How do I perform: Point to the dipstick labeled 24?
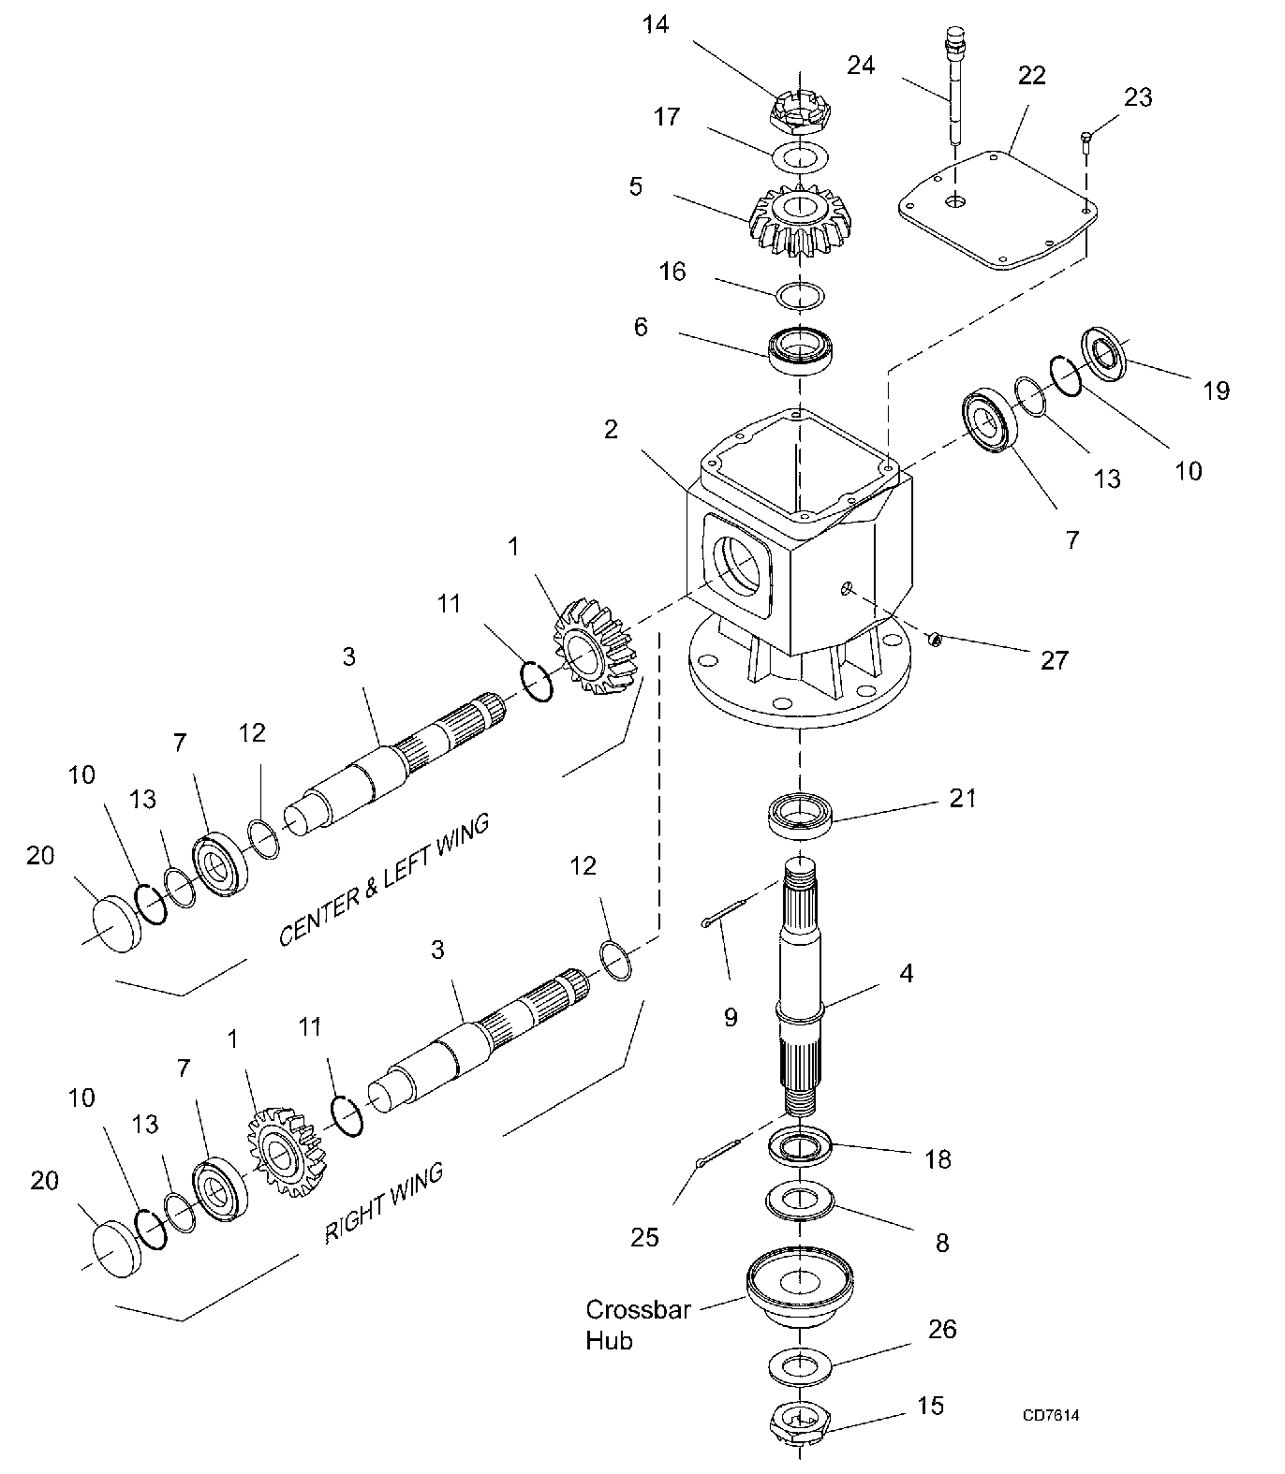coord(955,85)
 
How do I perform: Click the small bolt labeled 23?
coord(1086,140)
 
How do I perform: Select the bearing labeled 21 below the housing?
coord(801,814)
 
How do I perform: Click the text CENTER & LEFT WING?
coord(385,879)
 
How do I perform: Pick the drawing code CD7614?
coord(1051,1415)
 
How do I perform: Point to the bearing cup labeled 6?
coord(801,350)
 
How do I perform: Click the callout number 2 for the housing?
coord(611,430)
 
